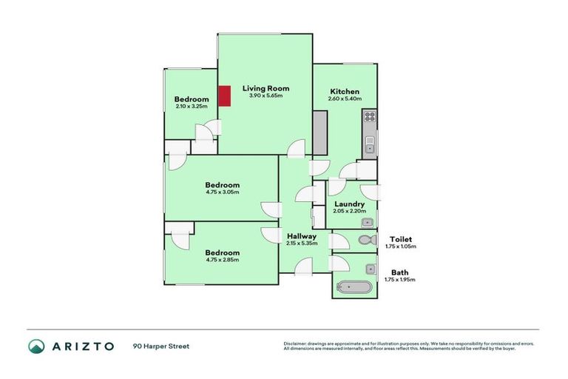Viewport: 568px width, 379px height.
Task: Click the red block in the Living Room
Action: click(x=226, y=96)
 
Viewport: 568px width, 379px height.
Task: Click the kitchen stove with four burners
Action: click(x=368, y=116)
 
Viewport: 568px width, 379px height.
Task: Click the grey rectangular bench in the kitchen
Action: click(x=319, y=133)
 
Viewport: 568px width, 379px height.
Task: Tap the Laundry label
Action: click(x=349, y=204)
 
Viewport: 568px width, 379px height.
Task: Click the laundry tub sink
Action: click(x=366, y=222)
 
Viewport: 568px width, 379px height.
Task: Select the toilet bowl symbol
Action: click(x=365, y=241)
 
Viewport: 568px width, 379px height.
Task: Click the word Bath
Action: click(x=400, y=272)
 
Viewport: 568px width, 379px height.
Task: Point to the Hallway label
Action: click(x=302, y=236)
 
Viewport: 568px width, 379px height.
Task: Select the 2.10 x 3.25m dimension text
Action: click(x=192, y=107)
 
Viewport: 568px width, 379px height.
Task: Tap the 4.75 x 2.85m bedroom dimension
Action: click(x=223, y=259)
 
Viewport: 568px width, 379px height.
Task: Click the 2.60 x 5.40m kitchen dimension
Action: click(x=344, y=98)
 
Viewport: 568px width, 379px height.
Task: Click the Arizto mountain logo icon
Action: click(x=35, y=346)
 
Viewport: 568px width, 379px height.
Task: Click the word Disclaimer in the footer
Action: click(x=296, y=343)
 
